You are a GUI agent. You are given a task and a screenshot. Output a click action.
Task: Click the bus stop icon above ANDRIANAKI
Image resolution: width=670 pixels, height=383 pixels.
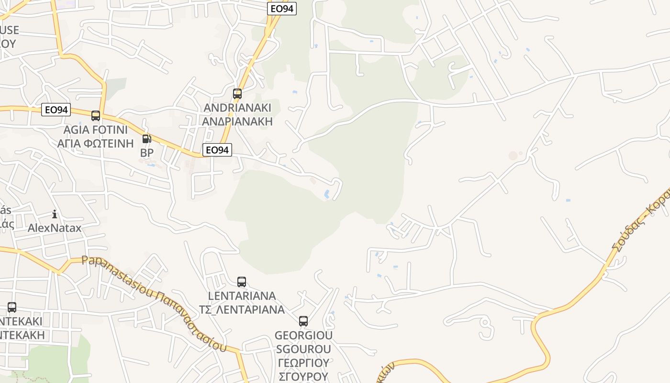pos(237,94)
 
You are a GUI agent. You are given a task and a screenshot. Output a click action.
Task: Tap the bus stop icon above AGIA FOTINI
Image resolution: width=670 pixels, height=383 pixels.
pos(96,115)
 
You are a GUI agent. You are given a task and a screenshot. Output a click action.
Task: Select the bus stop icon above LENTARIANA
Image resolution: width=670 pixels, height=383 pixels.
pos(242,282)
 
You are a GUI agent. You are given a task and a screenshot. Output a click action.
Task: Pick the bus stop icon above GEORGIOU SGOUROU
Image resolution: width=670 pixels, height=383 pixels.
pos(303,321)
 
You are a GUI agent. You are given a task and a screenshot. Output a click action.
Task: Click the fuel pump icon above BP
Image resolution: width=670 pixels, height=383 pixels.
pos(146,139)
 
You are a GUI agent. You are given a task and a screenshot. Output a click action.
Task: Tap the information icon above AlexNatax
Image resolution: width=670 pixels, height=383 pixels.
pos(55,214)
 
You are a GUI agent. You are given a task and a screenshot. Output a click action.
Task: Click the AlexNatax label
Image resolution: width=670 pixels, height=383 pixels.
pos(55,228)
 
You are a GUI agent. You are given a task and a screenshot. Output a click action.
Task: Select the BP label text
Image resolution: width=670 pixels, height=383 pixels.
pos(146,153)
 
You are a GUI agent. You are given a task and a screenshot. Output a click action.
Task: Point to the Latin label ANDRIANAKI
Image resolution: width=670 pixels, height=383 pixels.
pos(237,107)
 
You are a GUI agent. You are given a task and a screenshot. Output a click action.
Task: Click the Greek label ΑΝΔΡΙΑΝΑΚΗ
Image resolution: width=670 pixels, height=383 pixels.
pos(237,121)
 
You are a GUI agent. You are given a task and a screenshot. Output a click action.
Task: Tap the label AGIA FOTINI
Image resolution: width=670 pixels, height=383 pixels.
pos(96,130)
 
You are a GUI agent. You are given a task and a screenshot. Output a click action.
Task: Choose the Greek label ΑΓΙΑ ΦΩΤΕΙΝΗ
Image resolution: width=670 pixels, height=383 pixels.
pos(96,143)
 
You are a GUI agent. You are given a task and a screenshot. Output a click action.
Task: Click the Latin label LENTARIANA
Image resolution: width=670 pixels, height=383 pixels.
pos(242,295)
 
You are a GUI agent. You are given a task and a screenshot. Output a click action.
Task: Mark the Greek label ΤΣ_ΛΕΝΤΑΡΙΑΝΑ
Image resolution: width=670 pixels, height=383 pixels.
pos(242,309)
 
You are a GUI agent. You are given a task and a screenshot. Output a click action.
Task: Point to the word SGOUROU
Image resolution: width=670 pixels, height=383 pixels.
pos(303,349)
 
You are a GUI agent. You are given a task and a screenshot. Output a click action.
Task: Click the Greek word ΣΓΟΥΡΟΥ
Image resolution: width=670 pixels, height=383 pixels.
pos(303,376)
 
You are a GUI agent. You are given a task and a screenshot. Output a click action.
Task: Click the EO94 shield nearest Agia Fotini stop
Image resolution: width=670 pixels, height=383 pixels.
pos(56,110)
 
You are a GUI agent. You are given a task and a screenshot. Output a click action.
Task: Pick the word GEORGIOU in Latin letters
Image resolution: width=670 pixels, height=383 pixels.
pos(303,335)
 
